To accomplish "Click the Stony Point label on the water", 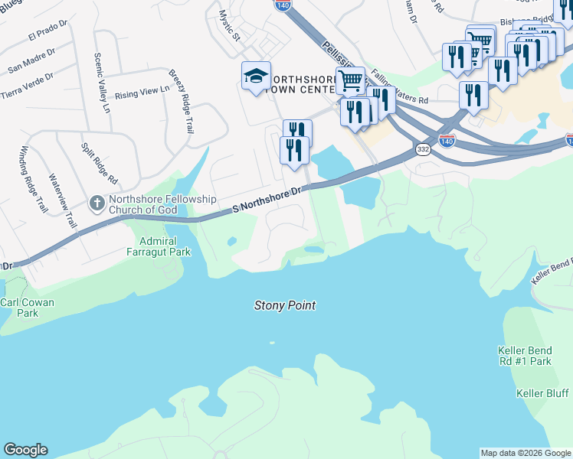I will [x=284, y=305].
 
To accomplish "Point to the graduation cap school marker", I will [x=256, y=75].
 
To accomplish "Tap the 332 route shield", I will [x=423, y=151].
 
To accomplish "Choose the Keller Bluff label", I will [x=542, y=393].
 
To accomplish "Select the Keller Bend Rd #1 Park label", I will [x=524, y=356].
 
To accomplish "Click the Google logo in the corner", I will [x=25, y=450].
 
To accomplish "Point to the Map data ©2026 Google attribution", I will [x=526, y=453].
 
